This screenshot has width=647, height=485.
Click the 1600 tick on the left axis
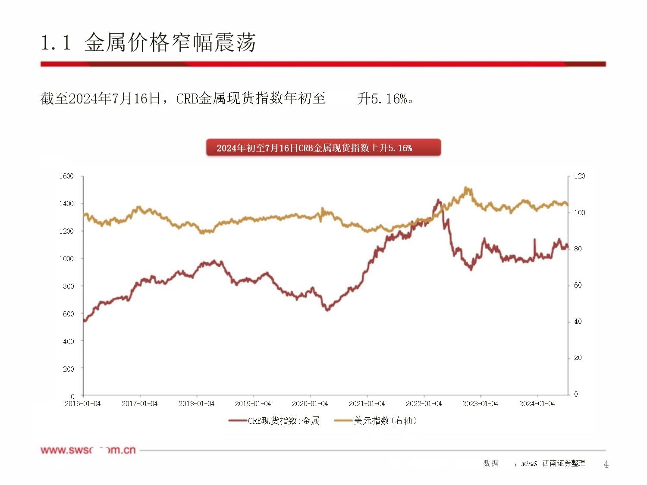66,176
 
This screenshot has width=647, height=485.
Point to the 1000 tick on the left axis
66,259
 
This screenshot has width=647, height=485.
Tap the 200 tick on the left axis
68,369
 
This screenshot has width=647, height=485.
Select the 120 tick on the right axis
580,176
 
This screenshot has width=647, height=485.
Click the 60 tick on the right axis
578,285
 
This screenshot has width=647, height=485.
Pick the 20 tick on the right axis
578,358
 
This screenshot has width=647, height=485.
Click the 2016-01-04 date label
82,404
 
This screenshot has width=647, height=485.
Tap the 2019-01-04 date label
253,404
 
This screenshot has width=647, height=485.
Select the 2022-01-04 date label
424,404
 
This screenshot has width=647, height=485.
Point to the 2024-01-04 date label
537,404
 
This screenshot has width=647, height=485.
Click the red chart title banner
323,148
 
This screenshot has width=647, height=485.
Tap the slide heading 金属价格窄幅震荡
170,43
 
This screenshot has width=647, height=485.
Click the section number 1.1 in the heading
56,43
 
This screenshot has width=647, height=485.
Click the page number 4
606,464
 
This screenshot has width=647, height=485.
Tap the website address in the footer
88,450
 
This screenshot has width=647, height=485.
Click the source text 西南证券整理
564,463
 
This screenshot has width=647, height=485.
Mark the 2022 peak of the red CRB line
439,200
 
